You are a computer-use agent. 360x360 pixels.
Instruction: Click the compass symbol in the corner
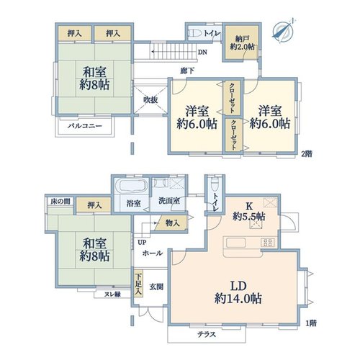point(284,30)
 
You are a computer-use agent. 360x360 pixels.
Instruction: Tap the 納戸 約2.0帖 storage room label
point(242,42)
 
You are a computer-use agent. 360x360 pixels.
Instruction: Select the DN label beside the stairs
point(202,52)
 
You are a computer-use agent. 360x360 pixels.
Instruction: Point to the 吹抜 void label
point(150,100)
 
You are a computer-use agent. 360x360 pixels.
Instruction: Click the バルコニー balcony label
point(85,126)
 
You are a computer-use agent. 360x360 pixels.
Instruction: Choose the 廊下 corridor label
point(187,71)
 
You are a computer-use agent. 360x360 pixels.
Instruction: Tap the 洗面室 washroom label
point(169,201)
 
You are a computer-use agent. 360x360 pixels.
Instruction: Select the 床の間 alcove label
point(60,202)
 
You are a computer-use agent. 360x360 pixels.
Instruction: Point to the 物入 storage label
point(173,223)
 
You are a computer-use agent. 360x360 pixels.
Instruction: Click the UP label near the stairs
point(142,243)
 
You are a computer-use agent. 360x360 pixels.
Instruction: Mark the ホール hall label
point(153,253)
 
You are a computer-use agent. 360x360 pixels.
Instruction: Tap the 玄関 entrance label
point(156,287)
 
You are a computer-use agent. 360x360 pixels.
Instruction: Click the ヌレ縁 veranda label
point(112,294)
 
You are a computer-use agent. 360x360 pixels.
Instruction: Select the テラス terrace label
point(207,334)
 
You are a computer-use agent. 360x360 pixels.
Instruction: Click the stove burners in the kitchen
point(268,243)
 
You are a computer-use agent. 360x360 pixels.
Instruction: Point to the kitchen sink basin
point(236,243)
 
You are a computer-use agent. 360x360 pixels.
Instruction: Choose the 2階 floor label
point(307,154)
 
